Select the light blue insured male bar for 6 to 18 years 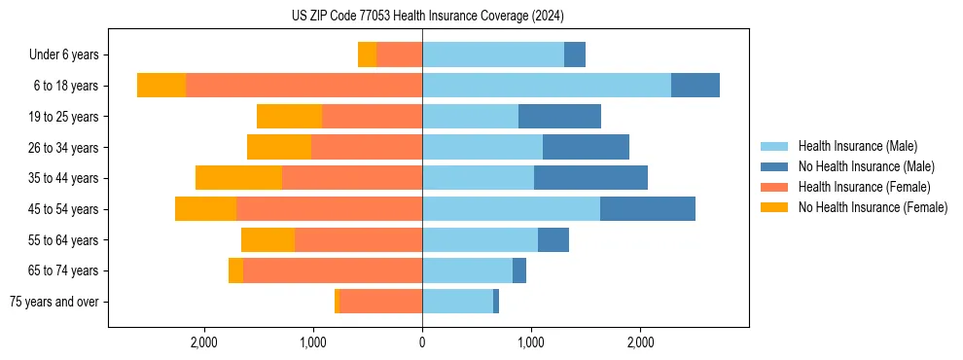pos(546,85)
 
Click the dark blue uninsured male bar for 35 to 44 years pos(590,178)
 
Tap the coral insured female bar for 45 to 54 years pos(329,209)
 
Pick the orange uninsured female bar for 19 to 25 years pos(289,117)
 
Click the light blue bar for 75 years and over pos(457,302)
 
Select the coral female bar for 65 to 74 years pos(332,270)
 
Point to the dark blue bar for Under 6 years pos(575,54)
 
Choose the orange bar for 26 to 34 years pos(279,147)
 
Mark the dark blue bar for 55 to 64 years pos(553,239)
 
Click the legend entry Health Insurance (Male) pos(857,146)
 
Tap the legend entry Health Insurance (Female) pos(864,187)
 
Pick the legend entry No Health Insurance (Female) pos(873,207)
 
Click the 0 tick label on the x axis pos(422,342)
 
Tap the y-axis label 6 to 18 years pos(65,86)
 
